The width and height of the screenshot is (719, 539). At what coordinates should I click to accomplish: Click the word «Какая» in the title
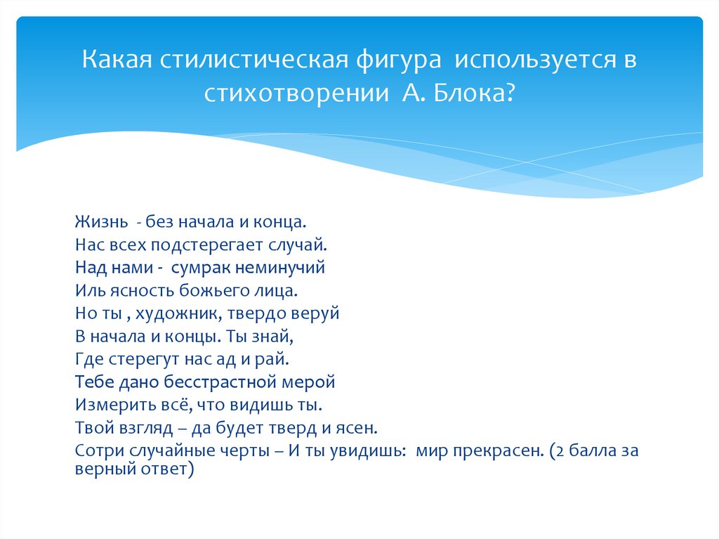(x=117, y=59)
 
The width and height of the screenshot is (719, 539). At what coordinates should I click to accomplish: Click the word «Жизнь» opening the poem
(x=102, y=222)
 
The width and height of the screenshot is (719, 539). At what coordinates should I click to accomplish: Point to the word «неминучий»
(x=280, y=268)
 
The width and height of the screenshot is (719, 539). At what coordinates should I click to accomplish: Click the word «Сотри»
(x=99, y=451)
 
